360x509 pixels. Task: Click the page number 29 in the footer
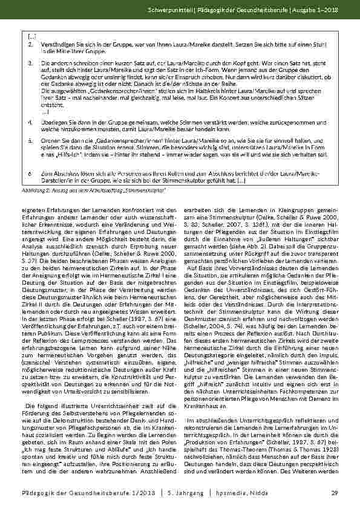[x=334, y=493]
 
